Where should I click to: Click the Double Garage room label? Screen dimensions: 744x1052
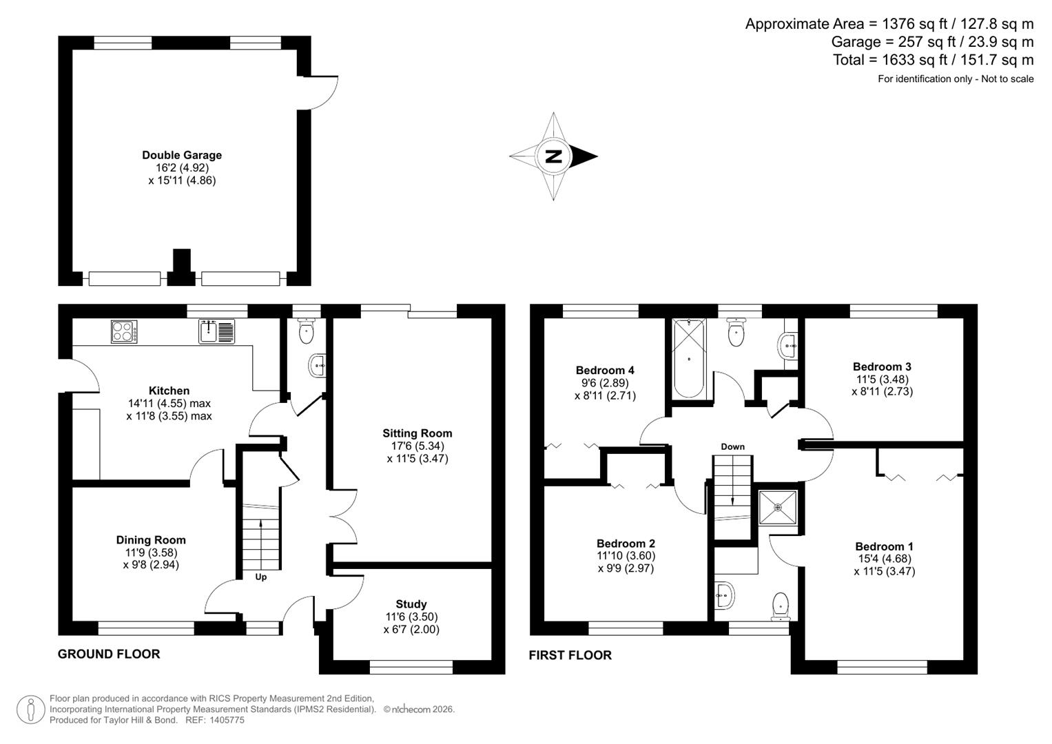pyautogui.click(x=182, y=156)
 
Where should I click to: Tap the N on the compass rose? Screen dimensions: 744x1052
pyautogui.click(x=554, y=156)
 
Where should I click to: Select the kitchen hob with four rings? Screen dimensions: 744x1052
pyautogui.click(x=124, y=332)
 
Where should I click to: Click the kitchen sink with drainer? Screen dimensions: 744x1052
pyautogui.click(x=216, y=331)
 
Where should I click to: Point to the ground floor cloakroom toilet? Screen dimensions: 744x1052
pyautogui.click(x=306, y=332)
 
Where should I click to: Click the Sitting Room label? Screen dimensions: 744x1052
pyautogui.click(x=417, y=433)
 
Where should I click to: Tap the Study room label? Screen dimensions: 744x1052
pyautogui.click(x=411, y=604)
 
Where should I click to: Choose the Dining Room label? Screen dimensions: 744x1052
pyautogui.click(x=151, y=540)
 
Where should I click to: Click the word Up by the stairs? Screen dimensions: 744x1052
pyautogui.click(x=261, y=577)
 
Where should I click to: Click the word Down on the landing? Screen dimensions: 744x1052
pyautogui.click(x=732, y=446)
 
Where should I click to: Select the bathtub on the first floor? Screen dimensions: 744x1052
pyautogui.click(x=689, y=358)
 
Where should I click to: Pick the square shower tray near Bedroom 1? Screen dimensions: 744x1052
pyautogui.click(x=778, y=508)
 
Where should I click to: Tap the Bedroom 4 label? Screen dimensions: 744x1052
pyautogui.click(x=605, y=370)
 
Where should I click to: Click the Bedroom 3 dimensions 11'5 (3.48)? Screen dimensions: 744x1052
pyautogui.click(x=882, y=379)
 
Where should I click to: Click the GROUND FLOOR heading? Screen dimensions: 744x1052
pyautogui.click(x=109, y=654)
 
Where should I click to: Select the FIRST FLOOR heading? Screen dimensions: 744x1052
pyautogui.click(x=570, y=655)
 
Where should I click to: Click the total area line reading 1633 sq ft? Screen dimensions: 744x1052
pyautogui.click(x=933, y=60)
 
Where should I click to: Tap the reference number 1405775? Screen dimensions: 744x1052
pyautogui.click(x=225, y=720)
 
